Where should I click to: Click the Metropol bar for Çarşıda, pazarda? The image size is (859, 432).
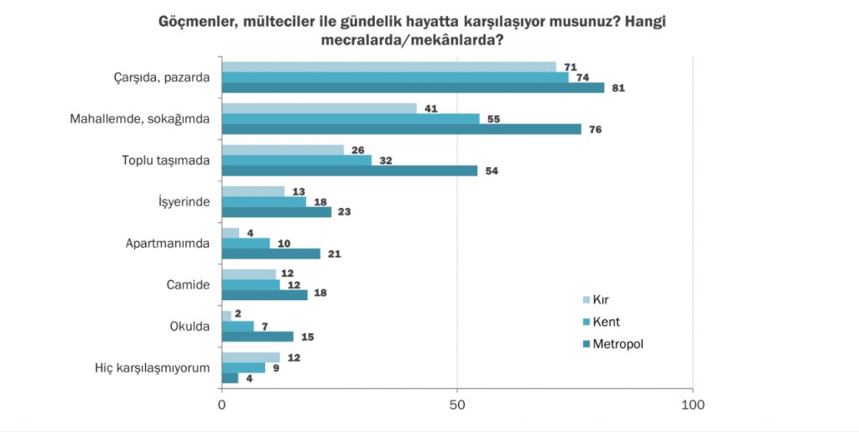[413, 88]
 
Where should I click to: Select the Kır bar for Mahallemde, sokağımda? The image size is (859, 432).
[319, 108]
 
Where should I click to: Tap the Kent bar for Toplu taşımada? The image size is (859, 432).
[296, 160]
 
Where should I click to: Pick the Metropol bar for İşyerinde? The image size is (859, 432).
[276, 212]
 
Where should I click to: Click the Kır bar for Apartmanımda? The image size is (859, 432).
[230, 232]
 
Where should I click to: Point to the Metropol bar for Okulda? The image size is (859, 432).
[258, 336]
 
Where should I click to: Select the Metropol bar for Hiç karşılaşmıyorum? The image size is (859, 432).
[230, 377]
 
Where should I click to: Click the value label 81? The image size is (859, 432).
[619, 88]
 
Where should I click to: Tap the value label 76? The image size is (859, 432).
[596, 129]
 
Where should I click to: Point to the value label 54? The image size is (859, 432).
[492, 171]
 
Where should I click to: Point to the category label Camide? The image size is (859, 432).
[188, 285]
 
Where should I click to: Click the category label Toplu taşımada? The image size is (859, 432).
[164, 160]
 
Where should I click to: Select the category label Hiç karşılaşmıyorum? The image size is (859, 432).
[153, 367]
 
